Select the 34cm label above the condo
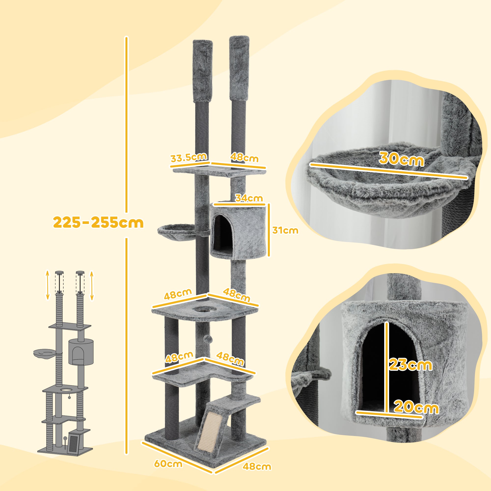tap(248, 198)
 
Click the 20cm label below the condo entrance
tap(416, 408)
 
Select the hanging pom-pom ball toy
tap(206, 340)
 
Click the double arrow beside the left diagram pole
tap(48, 285)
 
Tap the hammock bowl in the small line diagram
tap(44, 353)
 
